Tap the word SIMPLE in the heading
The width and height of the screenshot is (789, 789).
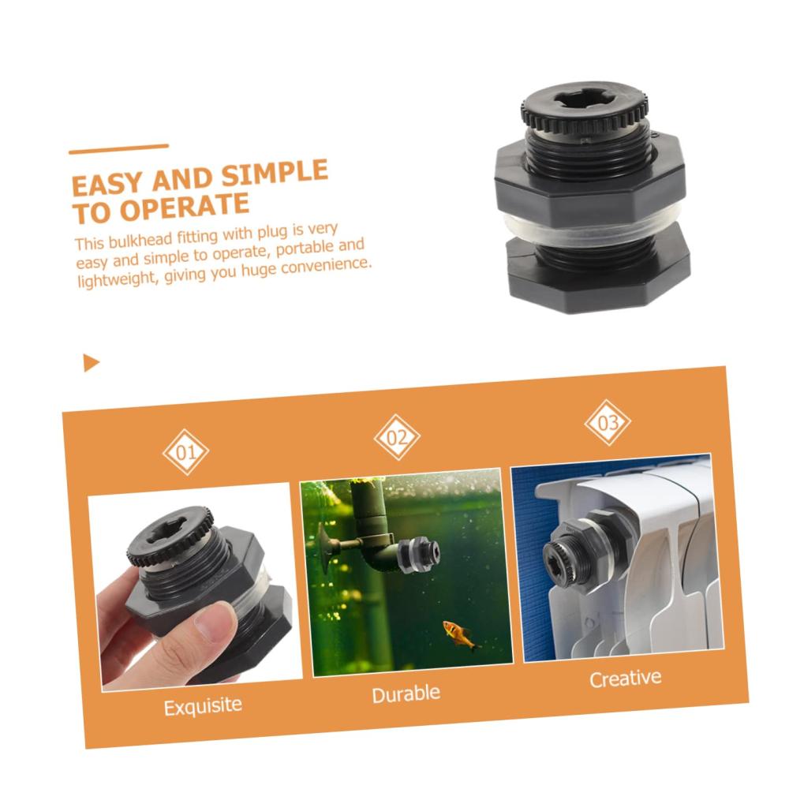point(275,173)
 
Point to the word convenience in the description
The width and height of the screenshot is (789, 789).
point(326,264)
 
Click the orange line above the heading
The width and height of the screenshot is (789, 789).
point(119,149)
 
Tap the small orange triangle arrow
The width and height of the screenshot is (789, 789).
point(91,363)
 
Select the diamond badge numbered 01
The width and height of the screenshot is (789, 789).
point(185,452)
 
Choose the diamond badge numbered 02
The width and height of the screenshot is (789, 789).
point(397,437)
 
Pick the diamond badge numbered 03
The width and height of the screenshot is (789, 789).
point(608,422)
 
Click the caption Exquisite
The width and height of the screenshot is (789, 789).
point(203,706)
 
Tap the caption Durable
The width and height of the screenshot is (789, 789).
point(406,694)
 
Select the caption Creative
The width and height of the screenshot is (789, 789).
point(626,679)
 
